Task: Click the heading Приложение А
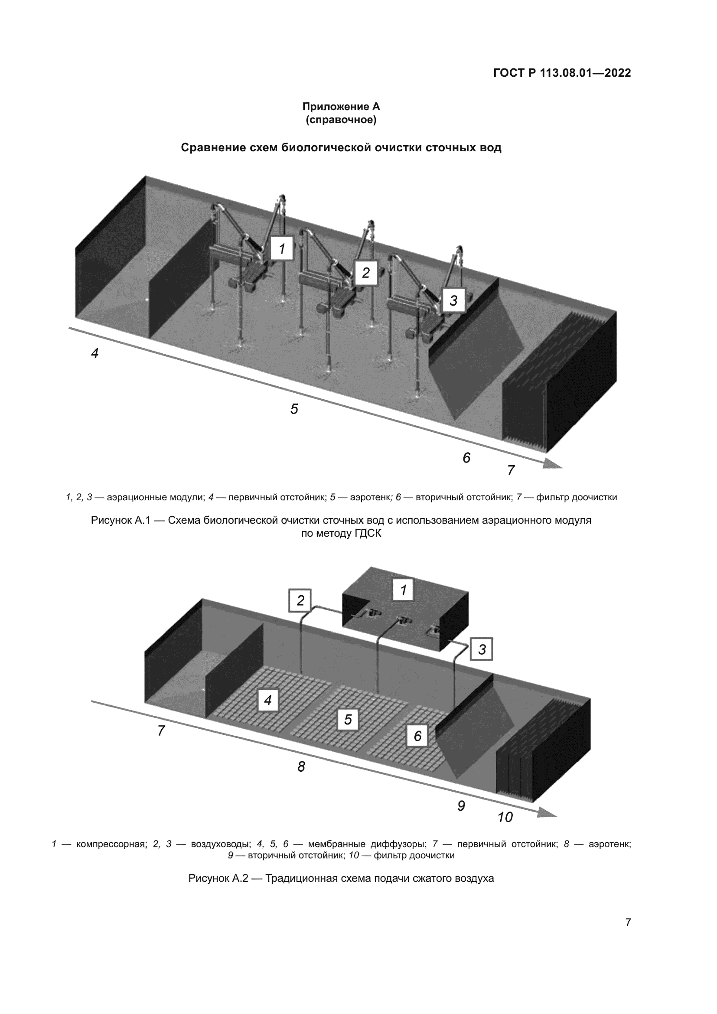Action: click(x=341, y=107)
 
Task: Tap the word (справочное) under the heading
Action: click(x=341, y=120)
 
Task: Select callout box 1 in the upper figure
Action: click(x=282, y=249)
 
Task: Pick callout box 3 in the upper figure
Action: click(x=453, y=300)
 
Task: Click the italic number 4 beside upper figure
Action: click(x=95, y=353)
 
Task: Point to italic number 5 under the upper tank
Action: click(x=294, y=409)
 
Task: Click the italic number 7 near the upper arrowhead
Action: click(x=511, y=471)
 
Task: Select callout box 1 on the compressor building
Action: click(x=403, y=590)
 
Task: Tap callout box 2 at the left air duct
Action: click(x=300, y=600)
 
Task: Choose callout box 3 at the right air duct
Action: click(x=482, y=649)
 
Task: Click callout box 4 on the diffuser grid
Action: click(x=267, y=700)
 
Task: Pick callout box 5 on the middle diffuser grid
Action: click(x=348, y=720)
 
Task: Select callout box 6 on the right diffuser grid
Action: click(x=417, y=736)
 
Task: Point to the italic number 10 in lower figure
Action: click(x=505, y=818)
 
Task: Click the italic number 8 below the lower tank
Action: click(x=301, y=767)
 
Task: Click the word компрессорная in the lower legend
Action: click(x=111, y=844)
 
